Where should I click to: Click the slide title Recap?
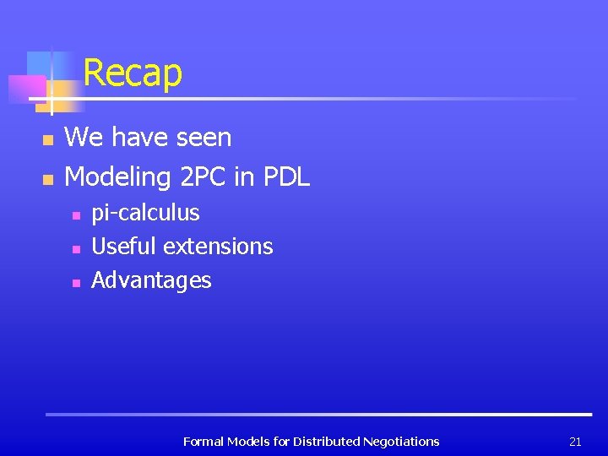pos(133,73)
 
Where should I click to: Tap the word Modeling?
pos(117,177)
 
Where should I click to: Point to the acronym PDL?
pos(286,176)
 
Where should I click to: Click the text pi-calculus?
pos(145,213)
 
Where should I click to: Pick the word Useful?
pos(124,247)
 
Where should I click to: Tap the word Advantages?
pos(151,280)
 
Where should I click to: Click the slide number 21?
pos(575,442)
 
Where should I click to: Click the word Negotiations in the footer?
pos(400,442)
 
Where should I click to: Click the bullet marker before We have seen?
pos(48,139)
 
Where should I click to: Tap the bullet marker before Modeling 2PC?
pos(48,179)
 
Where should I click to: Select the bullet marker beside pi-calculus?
pos(75,216)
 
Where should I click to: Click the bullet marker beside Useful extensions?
pos(75,250)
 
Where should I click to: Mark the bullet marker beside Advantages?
pos(75,284)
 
